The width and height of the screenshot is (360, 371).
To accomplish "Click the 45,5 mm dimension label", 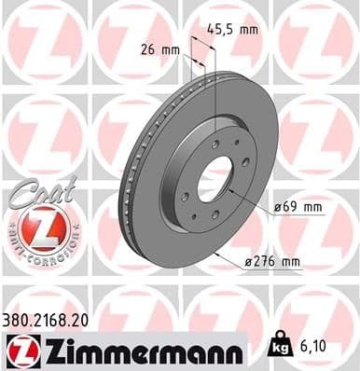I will pos(231,29).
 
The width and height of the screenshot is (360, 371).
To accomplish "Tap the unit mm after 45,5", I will pos(247,29).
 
